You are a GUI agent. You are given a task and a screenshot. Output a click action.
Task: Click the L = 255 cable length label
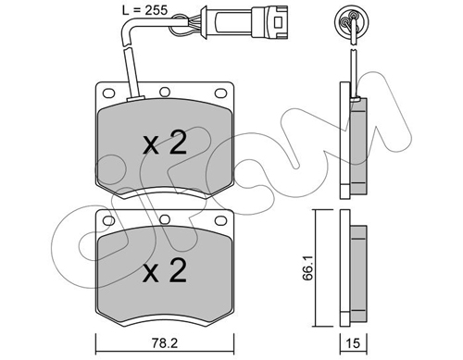click(144, 10)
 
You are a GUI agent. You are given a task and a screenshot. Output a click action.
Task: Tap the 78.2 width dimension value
click(165, 343)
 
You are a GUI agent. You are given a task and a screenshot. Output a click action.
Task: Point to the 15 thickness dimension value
click(354, 343)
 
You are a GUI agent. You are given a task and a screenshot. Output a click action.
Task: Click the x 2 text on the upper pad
click(165, 143)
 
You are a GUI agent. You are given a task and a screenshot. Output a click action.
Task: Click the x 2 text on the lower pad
click(165, 270)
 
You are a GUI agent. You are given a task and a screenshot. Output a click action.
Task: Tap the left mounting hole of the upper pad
click(108, 93)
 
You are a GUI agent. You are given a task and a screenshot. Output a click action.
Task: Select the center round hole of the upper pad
click(165, 92)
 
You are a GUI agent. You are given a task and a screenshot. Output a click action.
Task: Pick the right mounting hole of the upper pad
click(220, 93)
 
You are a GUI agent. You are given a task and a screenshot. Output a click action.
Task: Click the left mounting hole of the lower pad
click(108, 220)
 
